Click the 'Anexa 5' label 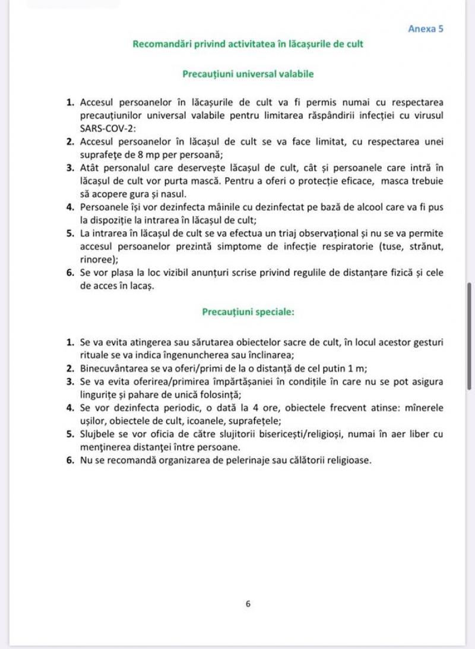pyautogui.click(x=426, y=29)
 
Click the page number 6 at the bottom pyautogui.click(x=248, y=604)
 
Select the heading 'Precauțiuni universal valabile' pyautogui.click(x=248, y=74)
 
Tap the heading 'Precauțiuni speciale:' pyautogui.click(x=248, y=311)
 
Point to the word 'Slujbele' pyautogui.click(x=97, y=434)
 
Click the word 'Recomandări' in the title pyautogui.click(x=159, y=44)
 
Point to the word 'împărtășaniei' pyautogui.click(x=211, y=381)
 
